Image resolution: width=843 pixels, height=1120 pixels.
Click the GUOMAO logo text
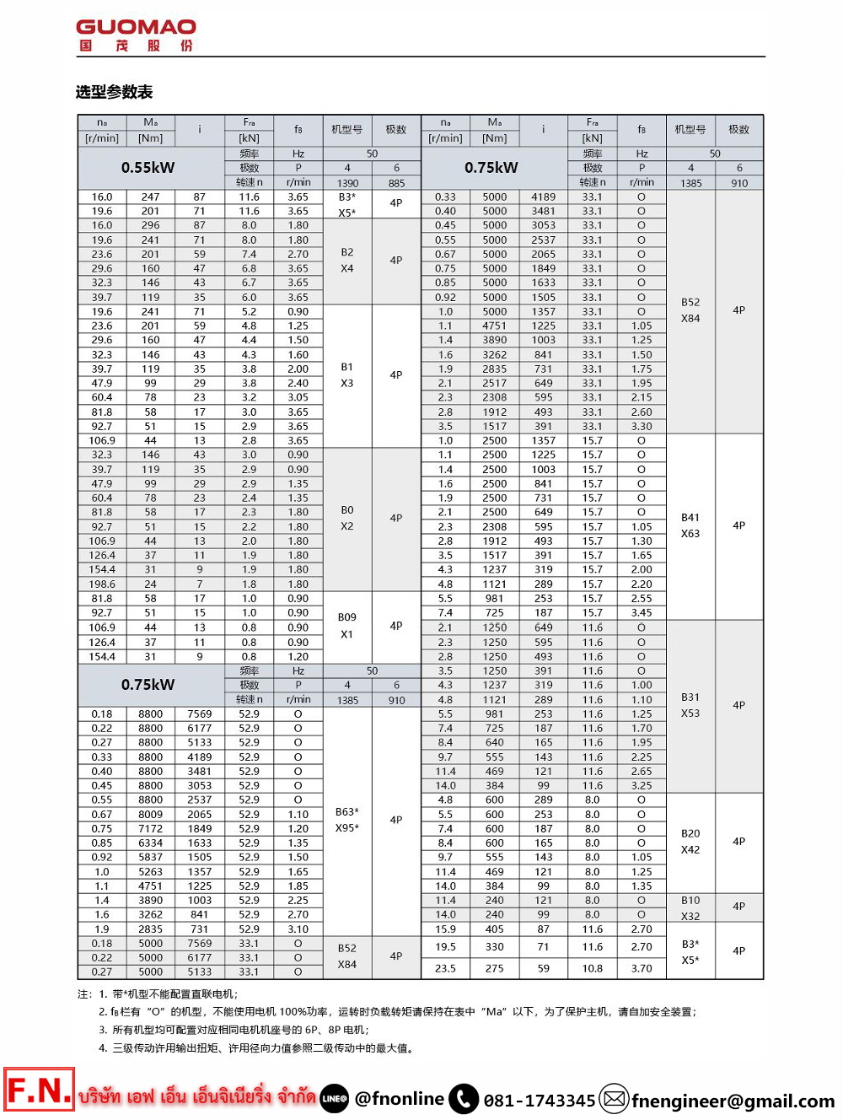coord(136,27)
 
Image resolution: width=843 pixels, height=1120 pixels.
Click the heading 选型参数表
coord(114,92)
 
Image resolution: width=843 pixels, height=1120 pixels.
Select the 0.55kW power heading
coord(148,168)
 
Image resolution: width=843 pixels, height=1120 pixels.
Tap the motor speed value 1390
coord(347,183)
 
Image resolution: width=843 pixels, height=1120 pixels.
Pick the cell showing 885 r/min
coord(396,183)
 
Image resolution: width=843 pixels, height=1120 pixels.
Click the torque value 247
coord(150,197)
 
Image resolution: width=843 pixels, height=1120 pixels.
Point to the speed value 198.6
coord(102,584)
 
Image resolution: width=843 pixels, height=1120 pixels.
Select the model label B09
coord(346,617)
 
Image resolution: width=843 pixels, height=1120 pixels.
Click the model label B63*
coord(346,812)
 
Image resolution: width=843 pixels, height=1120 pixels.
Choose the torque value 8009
coord(150,815)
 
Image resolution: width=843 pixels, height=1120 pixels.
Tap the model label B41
coord(690,518)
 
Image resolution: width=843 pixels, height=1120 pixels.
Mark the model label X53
coord(690,713)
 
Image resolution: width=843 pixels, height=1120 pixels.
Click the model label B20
coord(690,833)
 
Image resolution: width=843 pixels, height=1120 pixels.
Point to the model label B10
coord(690,900)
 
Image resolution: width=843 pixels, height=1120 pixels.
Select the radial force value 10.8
coord(592,968)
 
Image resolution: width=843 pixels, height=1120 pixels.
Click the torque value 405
coord(495,929)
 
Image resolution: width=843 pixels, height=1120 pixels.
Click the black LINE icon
coord(335,1098)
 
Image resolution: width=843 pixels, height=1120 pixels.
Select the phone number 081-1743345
coord(540,1101)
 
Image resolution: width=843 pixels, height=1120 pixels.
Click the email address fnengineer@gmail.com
coord(733,1101)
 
